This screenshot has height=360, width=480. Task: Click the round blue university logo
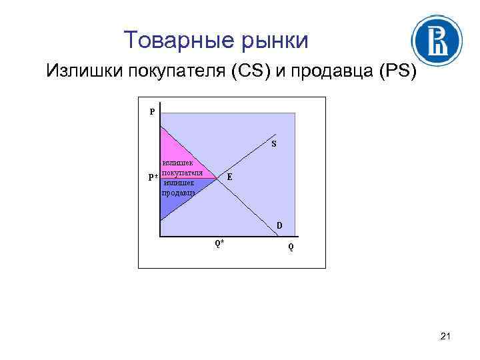438,40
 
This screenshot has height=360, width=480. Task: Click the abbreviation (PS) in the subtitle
397,71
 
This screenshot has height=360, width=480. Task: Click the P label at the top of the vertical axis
152,112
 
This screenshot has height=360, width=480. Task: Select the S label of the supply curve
274,144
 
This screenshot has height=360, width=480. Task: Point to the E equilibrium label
229,177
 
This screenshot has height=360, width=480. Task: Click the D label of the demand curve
279,225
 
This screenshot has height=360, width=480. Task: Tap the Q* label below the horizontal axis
219,243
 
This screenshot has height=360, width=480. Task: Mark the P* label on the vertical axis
153,177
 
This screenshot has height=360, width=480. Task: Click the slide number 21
445,340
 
